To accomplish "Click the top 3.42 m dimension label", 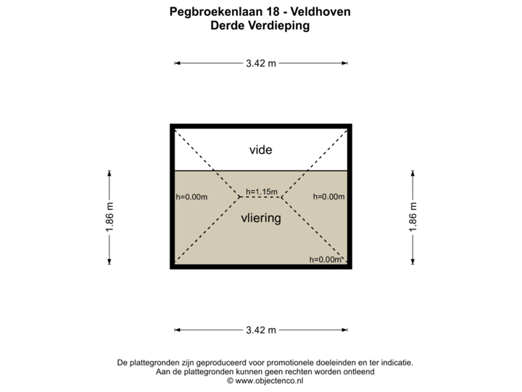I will (x=261, y=63).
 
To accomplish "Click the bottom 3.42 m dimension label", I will (x=261, y=330).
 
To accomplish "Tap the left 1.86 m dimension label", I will (x=109, y=216).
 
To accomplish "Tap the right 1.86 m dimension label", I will (x=413, y=216).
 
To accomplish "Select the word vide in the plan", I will (x=260, y=150).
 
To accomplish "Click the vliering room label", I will (x=260, y=217).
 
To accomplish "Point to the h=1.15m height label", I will (x=262, y=192).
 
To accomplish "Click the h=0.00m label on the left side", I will (x=192, y=197).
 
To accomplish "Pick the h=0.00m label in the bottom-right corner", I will (x=325, y=260).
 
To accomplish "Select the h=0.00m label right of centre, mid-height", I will (x=328, y=197).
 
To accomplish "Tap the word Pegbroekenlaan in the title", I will (x=210, y=12).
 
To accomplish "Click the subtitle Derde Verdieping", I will (x=260, y=25).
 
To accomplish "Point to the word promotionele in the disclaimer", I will (x=287, y=362).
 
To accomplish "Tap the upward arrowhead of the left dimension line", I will (x=109, y=173).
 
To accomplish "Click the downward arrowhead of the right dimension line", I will (x=413, y=263).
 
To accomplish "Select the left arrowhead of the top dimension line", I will (x=177, y=63).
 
